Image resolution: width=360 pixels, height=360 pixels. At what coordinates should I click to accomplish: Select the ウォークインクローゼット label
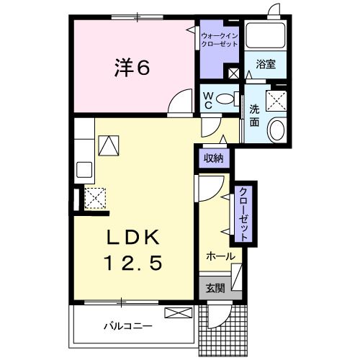219,37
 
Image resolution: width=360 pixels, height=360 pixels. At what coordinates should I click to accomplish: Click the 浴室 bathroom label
266,64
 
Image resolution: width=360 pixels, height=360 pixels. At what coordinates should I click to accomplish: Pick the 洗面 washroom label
254,116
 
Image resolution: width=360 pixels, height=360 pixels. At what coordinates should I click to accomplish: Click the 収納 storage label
212,156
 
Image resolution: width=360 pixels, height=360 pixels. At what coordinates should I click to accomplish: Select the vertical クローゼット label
243,214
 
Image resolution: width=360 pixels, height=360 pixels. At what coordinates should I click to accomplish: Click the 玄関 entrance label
215,288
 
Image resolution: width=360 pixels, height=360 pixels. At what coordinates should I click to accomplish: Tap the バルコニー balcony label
127,326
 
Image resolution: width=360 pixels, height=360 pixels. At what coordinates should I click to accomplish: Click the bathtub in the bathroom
266,35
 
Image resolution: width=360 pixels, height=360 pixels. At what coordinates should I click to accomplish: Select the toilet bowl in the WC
225,99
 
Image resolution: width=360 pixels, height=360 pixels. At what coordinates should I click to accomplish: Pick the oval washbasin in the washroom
276,130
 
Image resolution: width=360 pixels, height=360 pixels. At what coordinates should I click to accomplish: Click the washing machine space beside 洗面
276,99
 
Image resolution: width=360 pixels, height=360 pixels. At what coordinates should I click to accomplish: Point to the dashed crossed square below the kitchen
95,197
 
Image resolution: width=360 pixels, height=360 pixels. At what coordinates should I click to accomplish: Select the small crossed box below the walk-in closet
233,72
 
